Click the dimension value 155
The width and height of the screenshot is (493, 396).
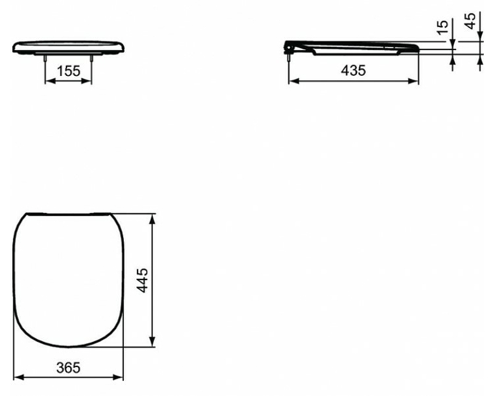click(68, 71)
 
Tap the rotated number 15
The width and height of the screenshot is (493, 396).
click(442, 28)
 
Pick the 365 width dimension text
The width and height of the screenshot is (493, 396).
click(68, 368)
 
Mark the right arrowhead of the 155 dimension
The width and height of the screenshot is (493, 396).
click(89, 80)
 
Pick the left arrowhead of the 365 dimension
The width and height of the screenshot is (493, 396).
click(17, 377)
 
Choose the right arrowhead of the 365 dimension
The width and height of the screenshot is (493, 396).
click(121, 377)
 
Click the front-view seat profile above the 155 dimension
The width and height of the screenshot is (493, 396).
click(68, 47)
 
